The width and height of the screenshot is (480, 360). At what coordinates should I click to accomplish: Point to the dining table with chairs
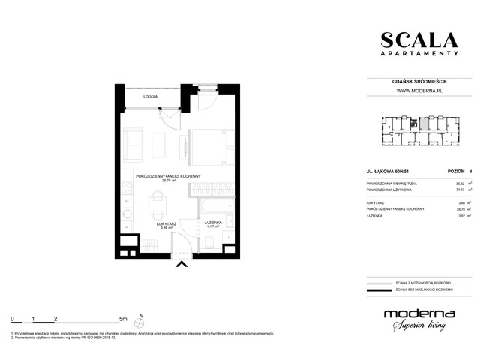pyautogui.click(x=158, y=203)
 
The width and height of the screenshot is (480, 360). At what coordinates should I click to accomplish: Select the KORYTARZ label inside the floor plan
pyautogui.click(x=166, y=224)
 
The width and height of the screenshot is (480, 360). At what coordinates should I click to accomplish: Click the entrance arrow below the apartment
pyautogui.click(x=180, y=263)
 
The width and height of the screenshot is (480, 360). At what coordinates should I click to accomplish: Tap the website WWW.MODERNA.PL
pyautogui.click(x=418, y=92)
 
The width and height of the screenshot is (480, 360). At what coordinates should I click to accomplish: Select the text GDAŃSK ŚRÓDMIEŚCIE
pyautogui.click(x=418, y=82)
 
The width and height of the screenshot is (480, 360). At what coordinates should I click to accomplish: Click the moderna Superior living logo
pyautogui.click(x=417, y=318)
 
